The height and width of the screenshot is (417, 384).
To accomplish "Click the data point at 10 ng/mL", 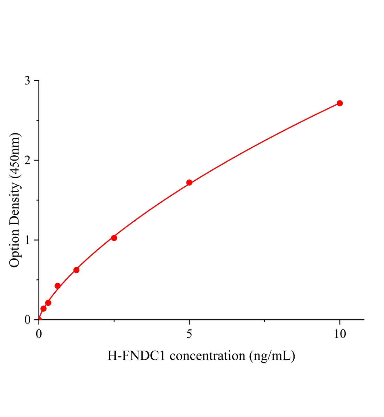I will (x=340, y=103).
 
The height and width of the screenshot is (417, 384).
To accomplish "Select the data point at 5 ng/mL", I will (x=189, y=182).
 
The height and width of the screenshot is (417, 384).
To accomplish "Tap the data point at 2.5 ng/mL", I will (x=114, y=238).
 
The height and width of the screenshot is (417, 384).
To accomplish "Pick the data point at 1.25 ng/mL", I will (x=77, y=270).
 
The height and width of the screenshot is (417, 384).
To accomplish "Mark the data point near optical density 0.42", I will (x=58, y=286).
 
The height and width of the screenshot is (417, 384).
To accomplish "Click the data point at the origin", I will (x=39, y=319).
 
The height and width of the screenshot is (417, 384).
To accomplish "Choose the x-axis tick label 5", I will (x=189, y=334).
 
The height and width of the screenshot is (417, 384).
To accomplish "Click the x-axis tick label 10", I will (x=340, y=334).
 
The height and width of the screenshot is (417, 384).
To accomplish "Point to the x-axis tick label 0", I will (x=39, y=334).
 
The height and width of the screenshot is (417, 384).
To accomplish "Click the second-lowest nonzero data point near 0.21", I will (x=48, y=303).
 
